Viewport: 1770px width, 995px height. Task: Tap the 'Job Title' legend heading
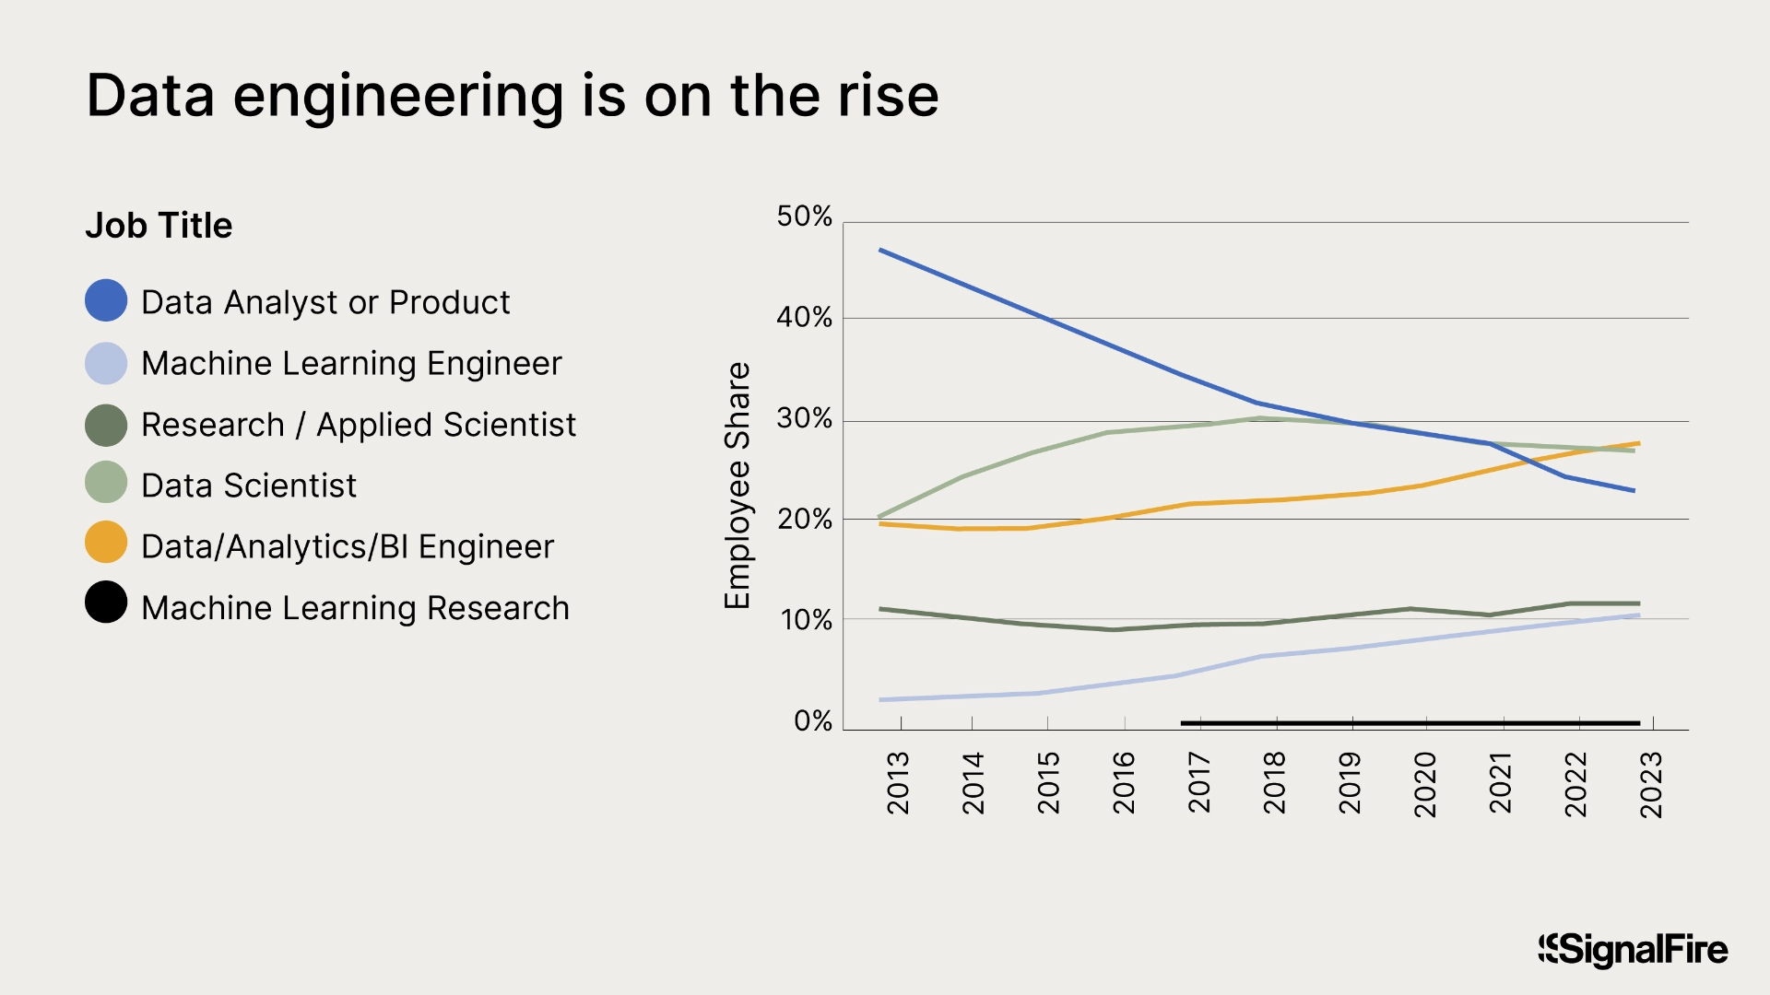point(159,226)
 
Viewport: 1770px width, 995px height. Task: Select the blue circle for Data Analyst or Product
point(106,301)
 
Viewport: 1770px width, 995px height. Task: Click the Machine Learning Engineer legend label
point(351,363)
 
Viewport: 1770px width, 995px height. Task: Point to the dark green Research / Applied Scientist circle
point(106,425)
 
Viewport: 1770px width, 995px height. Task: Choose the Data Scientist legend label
point(249,486)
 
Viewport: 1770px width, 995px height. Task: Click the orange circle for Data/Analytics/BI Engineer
point(106,543)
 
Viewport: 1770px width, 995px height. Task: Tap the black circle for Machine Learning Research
point(106,603)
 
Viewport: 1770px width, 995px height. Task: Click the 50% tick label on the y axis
point(804,217)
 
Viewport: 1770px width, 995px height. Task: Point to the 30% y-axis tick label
point(804,419)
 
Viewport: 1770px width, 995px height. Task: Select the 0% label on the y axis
point(812,721)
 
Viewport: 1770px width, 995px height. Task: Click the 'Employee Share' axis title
point(737,486)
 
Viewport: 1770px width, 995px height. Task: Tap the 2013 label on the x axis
point(898,783)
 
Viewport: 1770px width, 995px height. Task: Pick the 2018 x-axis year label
point(1274,783)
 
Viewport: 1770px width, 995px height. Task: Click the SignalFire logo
point(1633,950)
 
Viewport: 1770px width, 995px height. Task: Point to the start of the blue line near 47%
point(881,251)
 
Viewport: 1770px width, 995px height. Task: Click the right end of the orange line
point(1637,443)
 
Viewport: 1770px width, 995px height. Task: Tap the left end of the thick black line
point(1184,723)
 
